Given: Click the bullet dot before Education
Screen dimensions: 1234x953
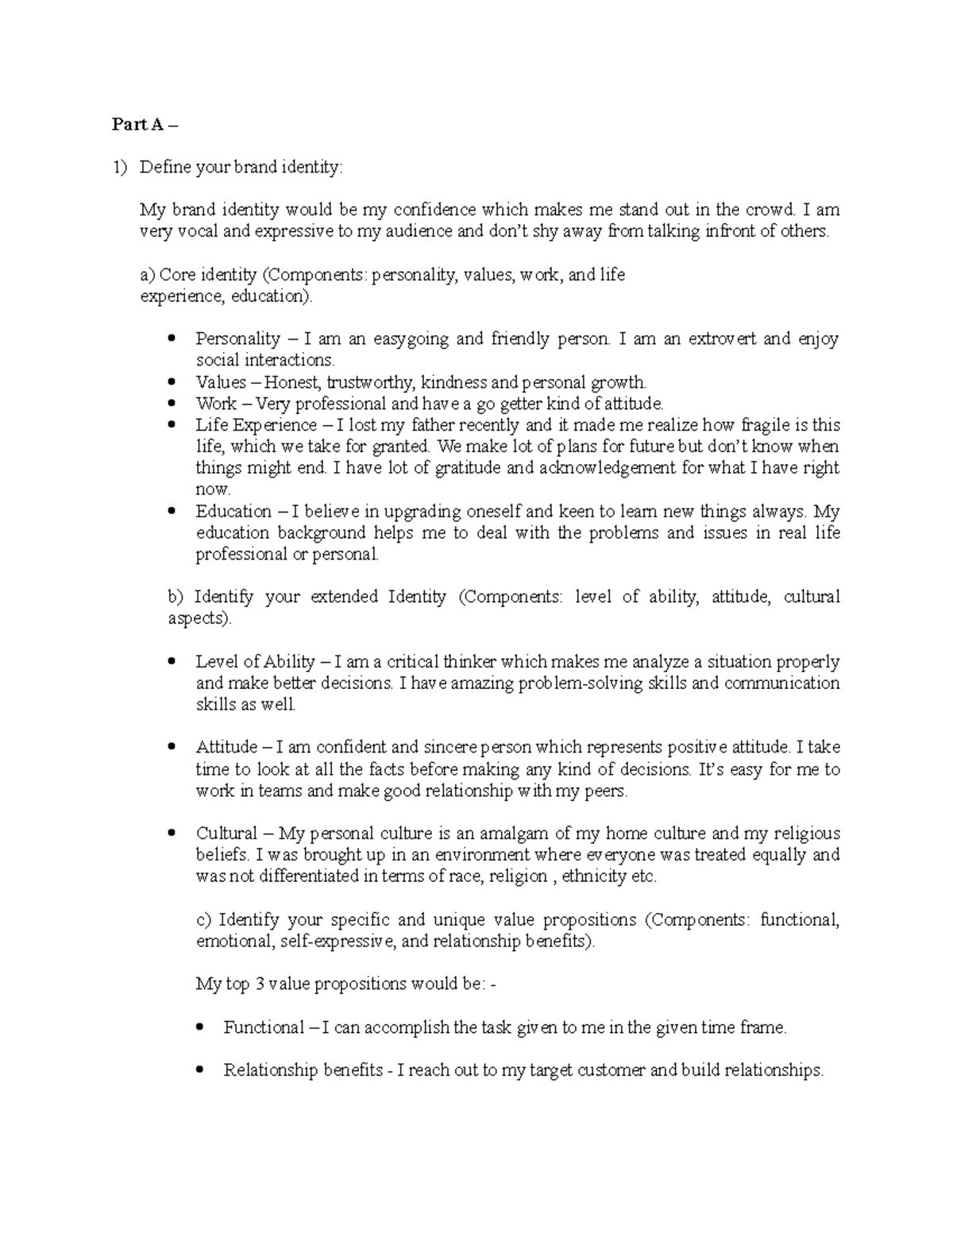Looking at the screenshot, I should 172,512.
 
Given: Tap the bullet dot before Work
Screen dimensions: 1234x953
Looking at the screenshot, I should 172,404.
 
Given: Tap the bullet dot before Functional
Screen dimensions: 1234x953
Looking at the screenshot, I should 200,1027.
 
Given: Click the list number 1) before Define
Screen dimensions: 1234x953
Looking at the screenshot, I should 119,167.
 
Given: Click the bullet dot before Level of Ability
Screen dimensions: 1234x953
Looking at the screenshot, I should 172,662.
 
